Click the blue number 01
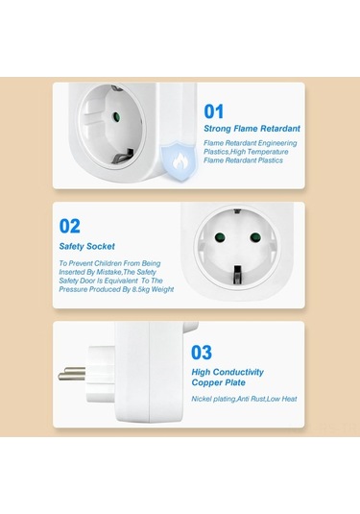point(213,111)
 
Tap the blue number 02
point(70,226)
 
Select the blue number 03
point(202,353)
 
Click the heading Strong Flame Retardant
point(252,129)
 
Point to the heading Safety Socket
point(86,247)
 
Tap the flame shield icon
point(180,160)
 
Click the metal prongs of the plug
point(72,374)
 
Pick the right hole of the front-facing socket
point(255,237)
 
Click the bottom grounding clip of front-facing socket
point(236,275)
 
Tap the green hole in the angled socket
point(115,116)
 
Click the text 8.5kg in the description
point(141,289)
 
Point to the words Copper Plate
point(219,383)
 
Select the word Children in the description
point(108,263)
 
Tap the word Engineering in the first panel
point(277,143)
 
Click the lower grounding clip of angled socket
point(123,157)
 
